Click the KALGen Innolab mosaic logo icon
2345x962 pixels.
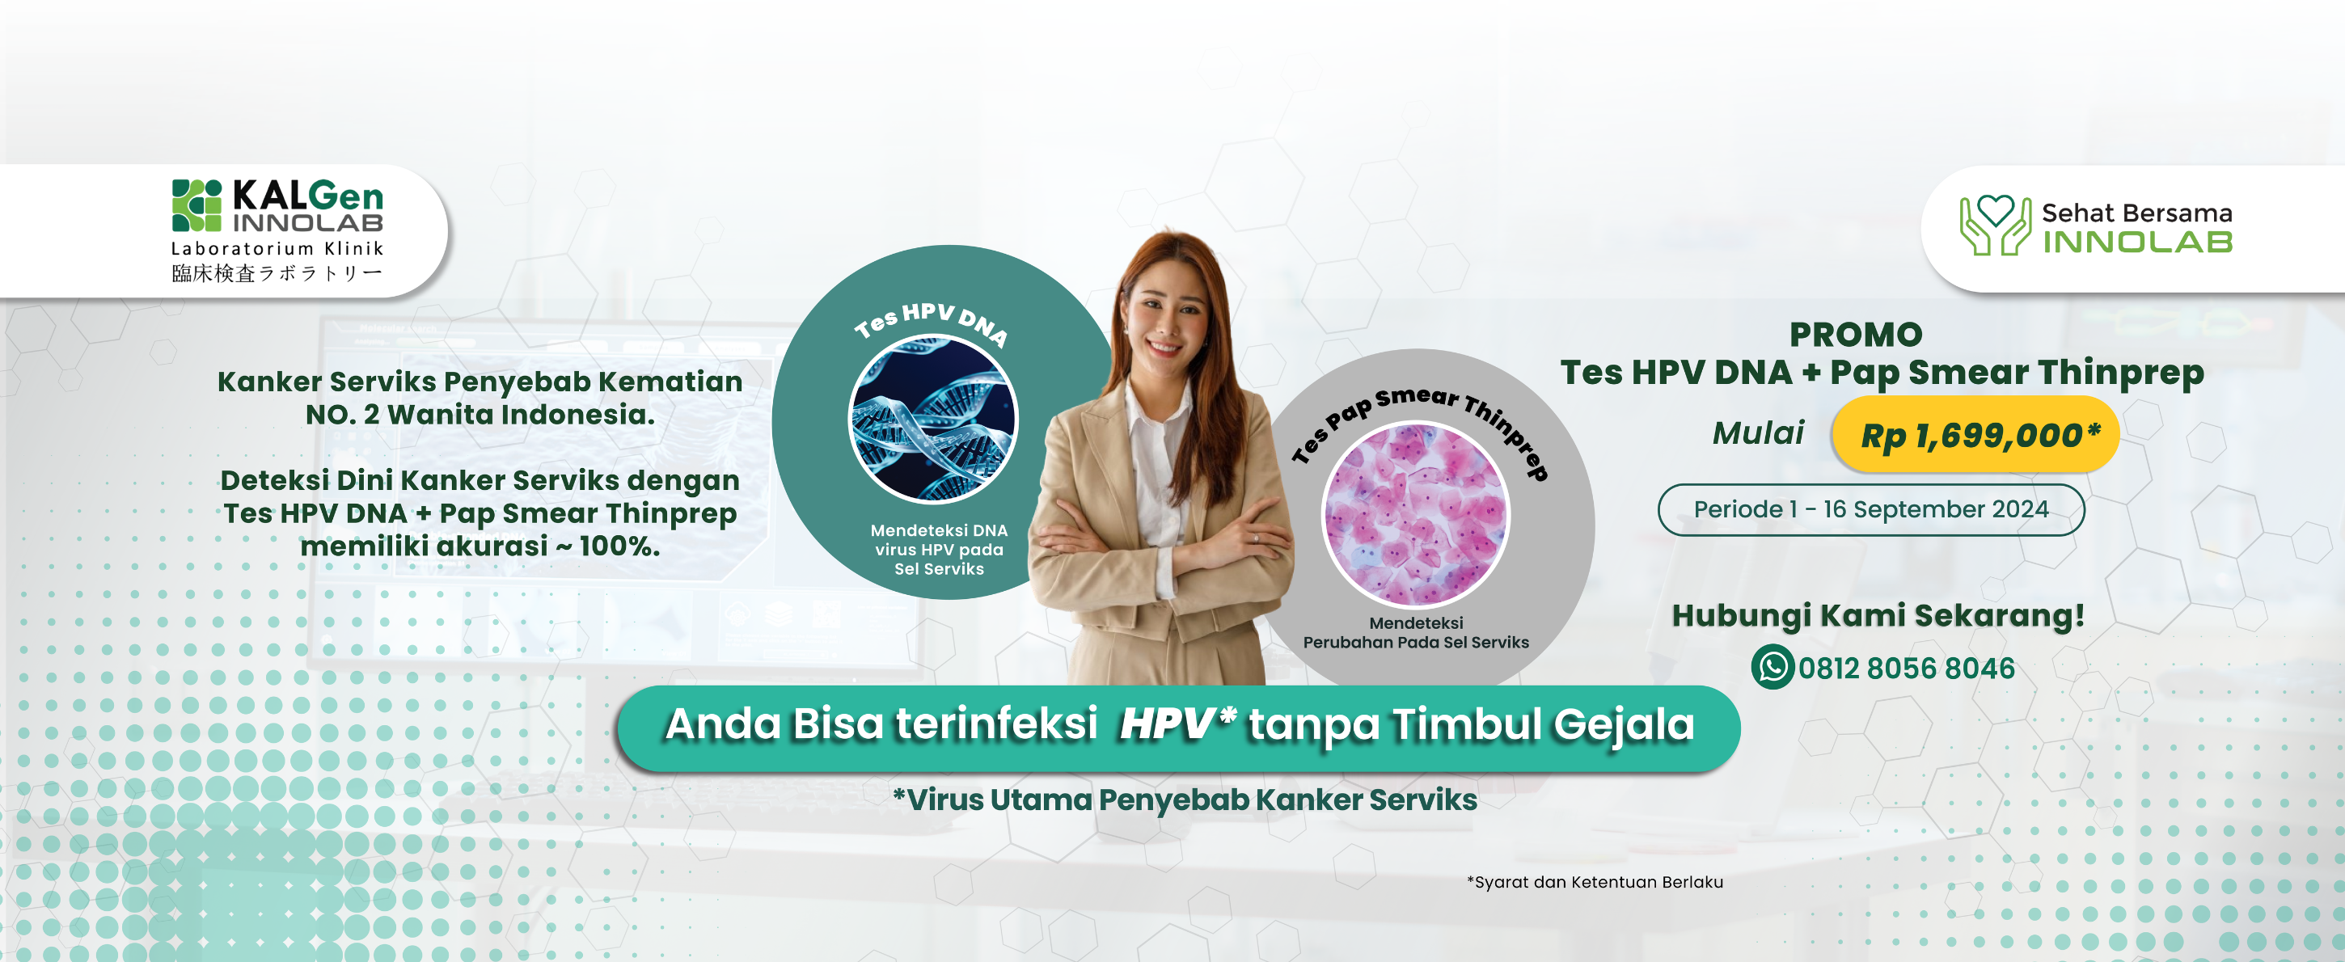[x=196, y=205]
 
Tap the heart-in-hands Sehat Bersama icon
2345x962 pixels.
[x=1995, y=225]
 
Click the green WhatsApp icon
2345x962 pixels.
[x=1772, y=667]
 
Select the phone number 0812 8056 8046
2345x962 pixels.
[x=1906, y=668]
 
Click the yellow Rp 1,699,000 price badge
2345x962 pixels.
[x=1975, y=434]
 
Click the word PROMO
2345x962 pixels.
[x=1856, y=335]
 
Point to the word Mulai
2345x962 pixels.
[x=1758, y=433]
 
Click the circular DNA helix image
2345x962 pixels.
[x=933, y=420]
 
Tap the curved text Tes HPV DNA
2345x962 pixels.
[x=932, y=323]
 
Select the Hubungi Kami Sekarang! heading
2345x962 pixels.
[x=1878, y=616]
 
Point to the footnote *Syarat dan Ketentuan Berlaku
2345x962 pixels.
[x=1595, y=882]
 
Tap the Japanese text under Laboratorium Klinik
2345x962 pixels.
[x=277, y=273]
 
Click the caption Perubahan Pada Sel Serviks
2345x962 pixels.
[x=1416, y=643]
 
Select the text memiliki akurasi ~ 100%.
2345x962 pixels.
[x=480, y=546]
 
